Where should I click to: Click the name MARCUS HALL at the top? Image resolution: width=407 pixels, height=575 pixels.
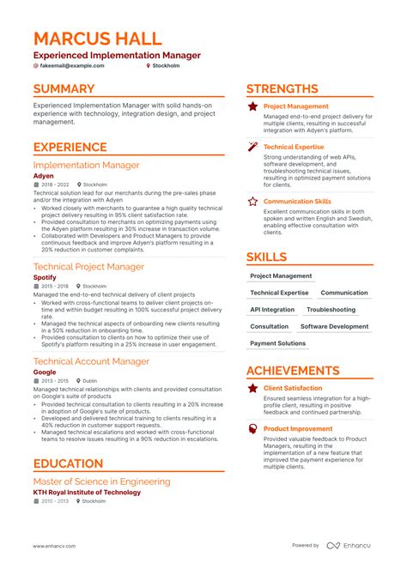pos(96,39)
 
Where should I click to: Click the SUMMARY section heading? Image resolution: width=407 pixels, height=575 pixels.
pos(64,88)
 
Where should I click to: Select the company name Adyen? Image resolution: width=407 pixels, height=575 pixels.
pos(43,175)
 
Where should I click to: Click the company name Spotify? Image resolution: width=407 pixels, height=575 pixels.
pos(45,278)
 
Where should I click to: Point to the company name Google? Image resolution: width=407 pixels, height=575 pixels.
pos(45,372)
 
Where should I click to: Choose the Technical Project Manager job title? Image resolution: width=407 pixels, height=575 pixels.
pos(90,267)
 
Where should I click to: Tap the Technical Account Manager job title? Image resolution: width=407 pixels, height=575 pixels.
pos(91,361)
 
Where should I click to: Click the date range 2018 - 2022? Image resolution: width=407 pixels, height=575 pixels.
pos(54,184)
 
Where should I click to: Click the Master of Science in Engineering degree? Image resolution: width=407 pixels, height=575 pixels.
pos(101,481)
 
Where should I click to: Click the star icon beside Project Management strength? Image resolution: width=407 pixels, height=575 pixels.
pos(252,106)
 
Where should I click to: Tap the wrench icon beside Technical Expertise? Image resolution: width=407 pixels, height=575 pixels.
pos(252,147)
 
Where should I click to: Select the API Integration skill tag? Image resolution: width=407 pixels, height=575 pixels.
pos(272,310)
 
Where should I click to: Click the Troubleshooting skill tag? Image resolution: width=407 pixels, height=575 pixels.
pos(331,310)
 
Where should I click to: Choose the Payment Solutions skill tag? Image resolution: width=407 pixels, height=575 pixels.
pos(277,343)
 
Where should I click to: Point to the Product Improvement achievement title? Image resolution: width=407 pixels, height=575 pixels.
pos(297,428)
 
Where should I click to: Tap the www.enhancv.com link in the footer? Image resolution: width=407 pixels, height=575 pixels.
pos(54,546)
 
